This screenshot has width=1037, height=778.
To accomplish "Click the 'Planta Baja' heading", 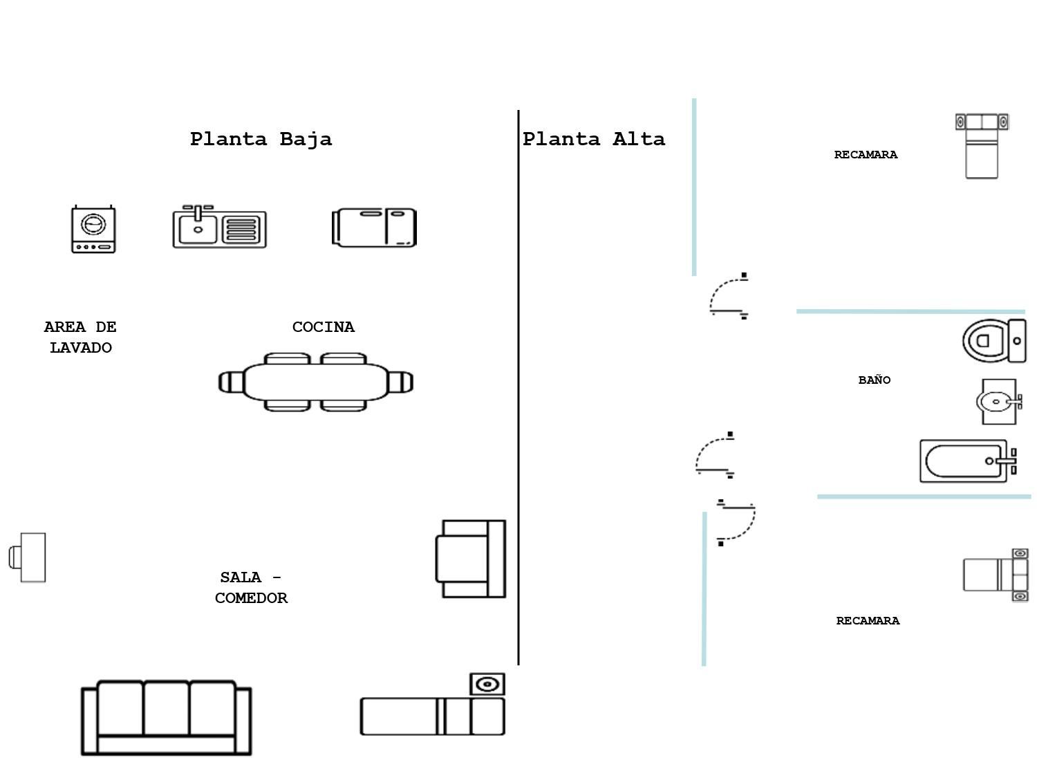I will coord(261,139).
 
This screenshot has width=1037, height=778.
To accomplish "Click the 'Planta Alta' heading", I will coord(593,139).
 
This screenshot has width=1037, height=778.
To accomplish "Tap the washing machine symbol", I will coord(93,229).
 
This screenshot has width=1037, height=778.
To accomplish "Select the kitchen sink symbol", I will coord(219,227).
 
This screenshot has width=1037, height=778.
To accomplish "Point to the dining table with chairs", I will coord(316,382).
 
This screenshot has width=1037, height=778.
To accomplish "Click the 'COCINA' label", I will coord(323,327).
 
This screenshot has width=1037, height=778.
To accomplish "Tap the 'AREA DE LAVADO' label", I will coord(80,337).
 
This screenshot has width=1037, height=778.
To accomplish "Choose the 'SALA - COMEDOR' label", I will coord(250,587).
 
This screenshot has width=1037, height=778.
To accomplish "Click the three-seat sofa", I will coord(166,717).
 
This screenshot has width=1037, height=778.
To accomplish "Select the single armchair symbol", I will coord(471,559).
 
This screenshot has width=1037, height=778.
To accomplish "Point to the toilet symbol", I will coord(994,340).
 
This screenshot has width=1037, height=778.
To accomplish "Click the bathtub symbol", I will coord(967,461).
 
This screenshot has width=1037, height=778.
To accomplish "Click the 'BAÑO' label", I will coord(874,380).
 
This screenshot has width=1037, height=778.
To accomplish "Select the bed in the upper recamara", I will coord(982,147).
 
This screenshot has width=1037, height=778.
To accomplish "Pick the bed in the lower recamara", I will coord(996,575).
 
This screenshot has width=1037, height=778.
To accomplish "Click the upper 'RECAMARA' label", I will coord(866,155).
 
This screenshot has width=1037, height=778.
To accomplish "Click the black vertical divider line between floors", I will coord(518,387).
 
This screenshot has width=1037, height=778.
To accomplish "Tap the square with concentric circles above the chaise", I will coord(487,684).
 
